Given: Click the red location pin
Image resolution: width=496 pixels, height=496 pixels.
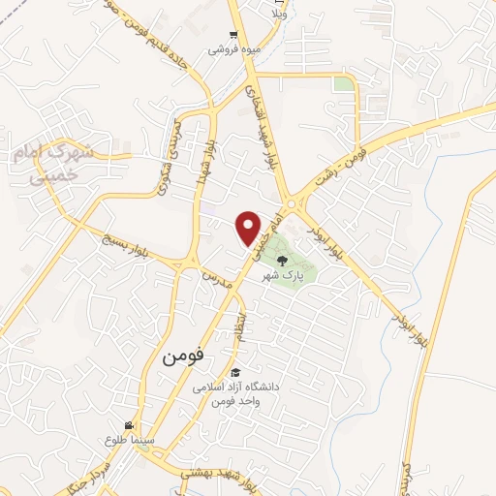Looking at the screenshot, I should (250, 228).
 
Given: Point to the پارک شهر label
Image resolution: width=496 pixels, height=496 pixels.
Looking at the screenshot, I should (282, 276).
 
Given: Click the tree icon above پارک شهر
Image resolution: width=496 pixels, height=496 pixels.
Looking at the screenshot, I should (282, 260).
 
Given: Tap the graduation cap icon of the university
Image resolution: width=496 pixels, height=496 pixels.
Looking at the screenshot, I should (234, 372).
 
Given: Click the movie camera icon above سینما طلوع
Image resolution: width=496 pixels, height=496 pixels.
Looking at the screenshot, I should (128, 425).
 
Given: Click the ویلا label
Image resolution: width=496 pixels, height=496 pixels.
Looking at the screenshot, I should (280, 15).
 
